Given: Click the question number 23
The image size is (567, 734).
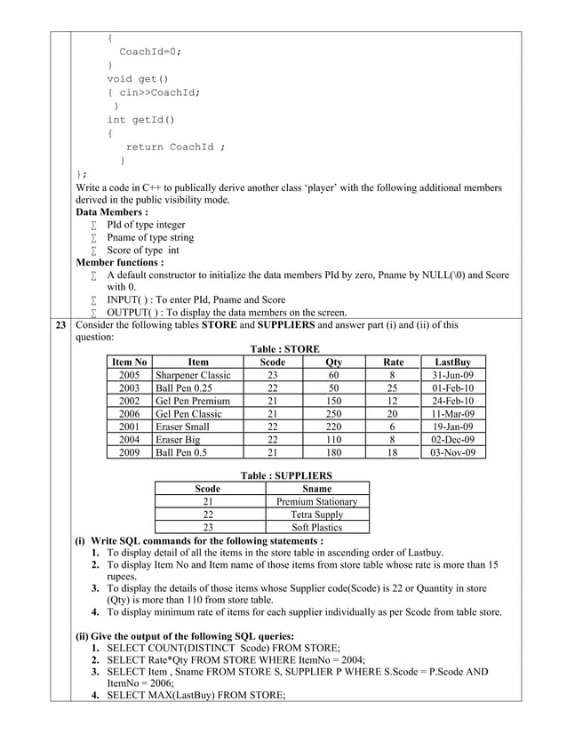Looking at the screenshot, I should click(x=61, y=325).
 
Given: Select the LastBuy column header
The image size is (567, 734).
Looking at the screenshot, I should click(x=452, y=363).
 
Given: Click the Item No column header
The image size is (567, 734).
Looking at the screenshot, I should click(x=129, y=363).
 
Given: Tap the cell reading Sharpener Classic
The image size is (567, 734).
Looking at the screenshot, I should click(x=193, y=375).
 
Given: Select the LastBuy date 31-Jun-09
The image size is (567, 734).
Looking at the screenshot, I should click(x=452, y=375).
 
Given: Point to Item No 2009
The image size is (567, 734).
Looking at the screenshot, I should click(x=129, y=452).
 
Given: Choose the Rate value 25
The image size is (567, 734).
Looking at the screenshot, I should click(x=392, y=388).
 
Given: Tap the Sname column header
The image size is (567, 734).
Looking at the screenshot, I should click(x=317, y=489).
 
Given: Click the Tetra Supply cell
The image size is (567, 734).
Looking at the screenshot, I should click(x=317, y=515).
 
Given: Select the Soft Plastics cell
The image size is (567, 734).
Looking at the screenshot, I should click(x=317, y=527).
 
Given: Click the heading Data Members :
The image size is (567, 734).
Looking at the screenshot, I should click(x=111, y=213).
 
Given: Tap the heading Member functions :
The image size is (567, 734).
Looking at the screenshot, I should click(x=119, y=263).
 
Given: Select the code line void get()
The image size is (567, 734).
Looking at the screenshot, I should click(x=137, y=78).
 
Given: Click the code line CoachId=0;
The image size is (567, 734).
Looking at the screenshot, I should click(x=150, y=52).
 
